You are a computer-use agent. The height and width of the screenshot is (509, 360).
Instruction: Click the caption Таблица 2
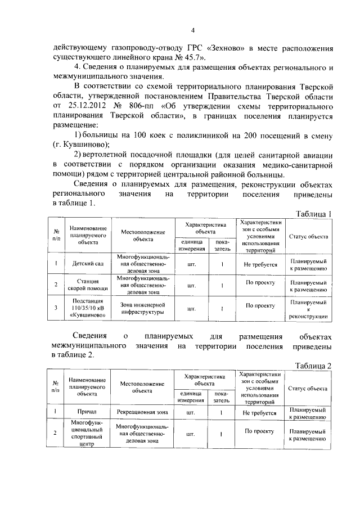pos(314,365)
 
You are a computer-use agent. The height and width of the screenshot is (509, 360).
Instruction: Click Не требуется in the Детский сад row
pos(260,263)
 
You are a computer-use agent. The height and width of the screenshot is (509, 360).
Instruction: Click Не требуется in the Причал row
pos(260,412)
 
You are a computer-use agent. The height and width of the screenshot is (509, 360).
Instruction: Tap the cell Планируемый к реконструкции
pos(308,309)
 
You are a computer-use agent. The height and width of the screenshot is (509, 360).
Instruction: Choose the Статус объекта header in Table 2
pos(308,388)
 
